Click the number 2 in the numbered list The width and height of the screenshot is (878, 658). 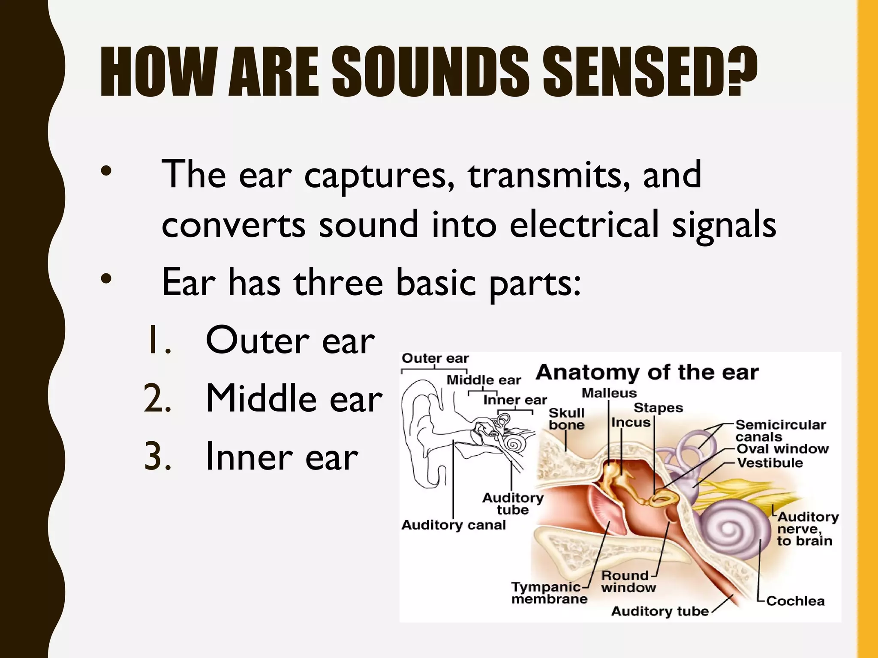157,398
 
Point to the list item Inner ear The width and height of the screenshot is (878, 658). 281,458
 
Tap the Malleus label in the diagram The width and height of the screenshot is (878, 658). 609,393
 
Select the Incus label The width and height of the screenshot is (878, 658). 631,422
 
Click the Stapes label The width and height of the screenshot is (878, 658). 658,407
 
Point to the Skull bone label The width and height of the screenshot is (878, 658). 566,419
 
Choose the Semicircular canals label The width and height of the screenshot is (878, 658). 780,431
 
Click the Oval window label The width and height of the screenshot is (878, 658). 782,449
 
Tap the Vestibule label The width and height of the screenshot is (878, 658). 770,463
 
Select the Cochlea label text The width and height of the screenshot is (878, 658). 795,601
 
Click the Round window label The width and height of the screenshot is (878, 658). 628,581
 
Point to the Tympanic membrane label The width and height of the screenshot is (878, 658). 549,593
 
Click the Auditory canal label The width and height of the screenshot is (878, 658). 454,525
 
